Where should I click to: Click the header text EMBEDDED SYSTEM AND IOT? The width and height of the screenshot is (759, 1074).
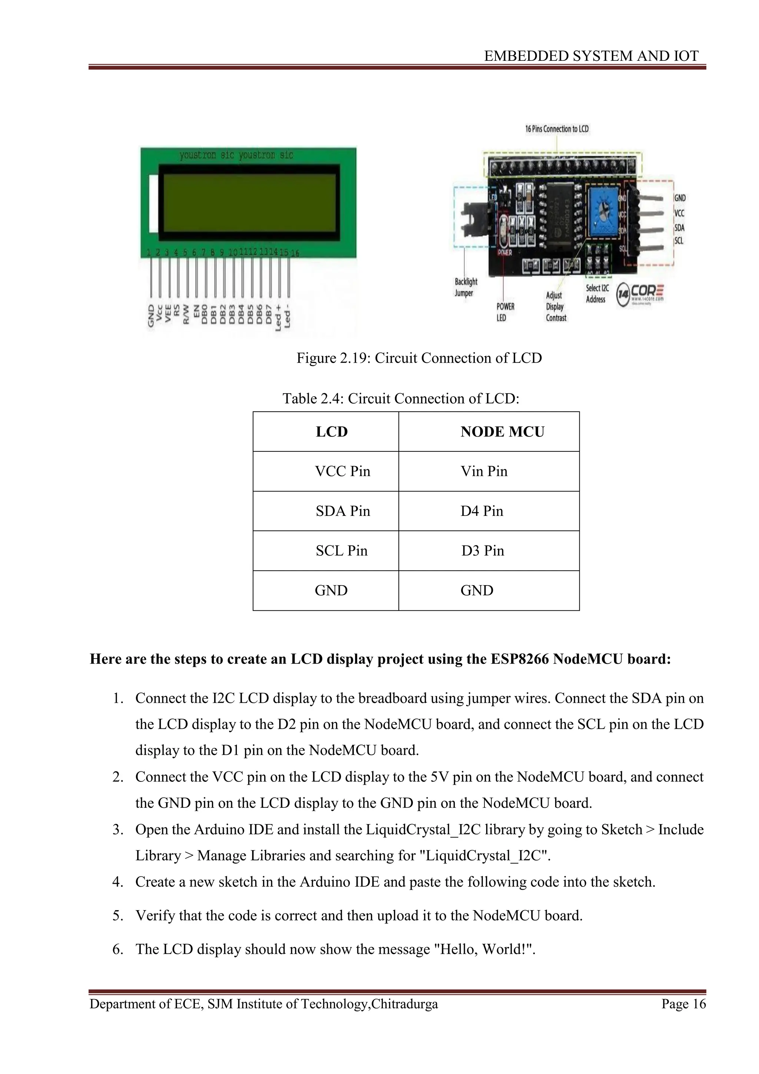coord(591,56)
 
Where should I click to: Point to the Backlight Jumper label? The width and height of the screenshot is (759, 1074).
coord(465,287)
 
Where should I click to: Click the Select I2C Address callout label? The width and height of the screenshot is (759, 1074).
coord(597,294)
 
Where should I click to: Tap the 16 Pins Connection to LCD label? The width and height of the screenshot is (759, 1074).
coord(557,129)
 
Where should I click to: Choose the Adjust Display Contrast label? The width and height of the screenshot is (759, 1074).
coord(556,306)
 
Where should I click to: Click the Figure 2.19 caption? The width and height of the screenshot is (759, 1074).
coord(419,358)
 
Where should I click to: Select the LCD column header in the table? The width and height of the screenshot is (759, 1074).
coord(332,431)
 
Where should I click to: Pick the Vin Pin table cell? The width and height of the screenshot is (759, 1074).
coord(484,471)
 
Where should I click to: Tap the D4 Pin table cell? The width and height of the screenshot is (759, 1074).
coord(481,511)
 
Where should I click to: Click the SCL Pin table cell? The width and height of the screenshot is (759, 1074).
coord(342,551)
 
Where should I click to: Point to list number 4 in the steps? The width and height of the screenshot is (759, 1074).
coord(117,882)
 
